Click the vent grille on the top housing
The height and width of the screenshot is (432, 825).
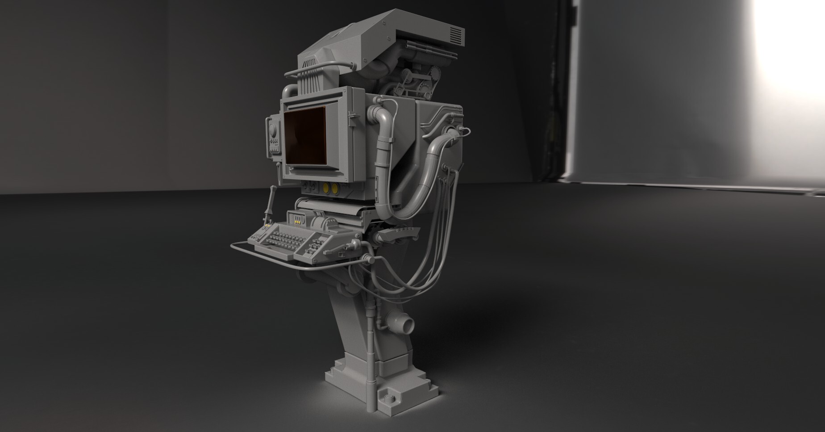coord(456,34)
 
